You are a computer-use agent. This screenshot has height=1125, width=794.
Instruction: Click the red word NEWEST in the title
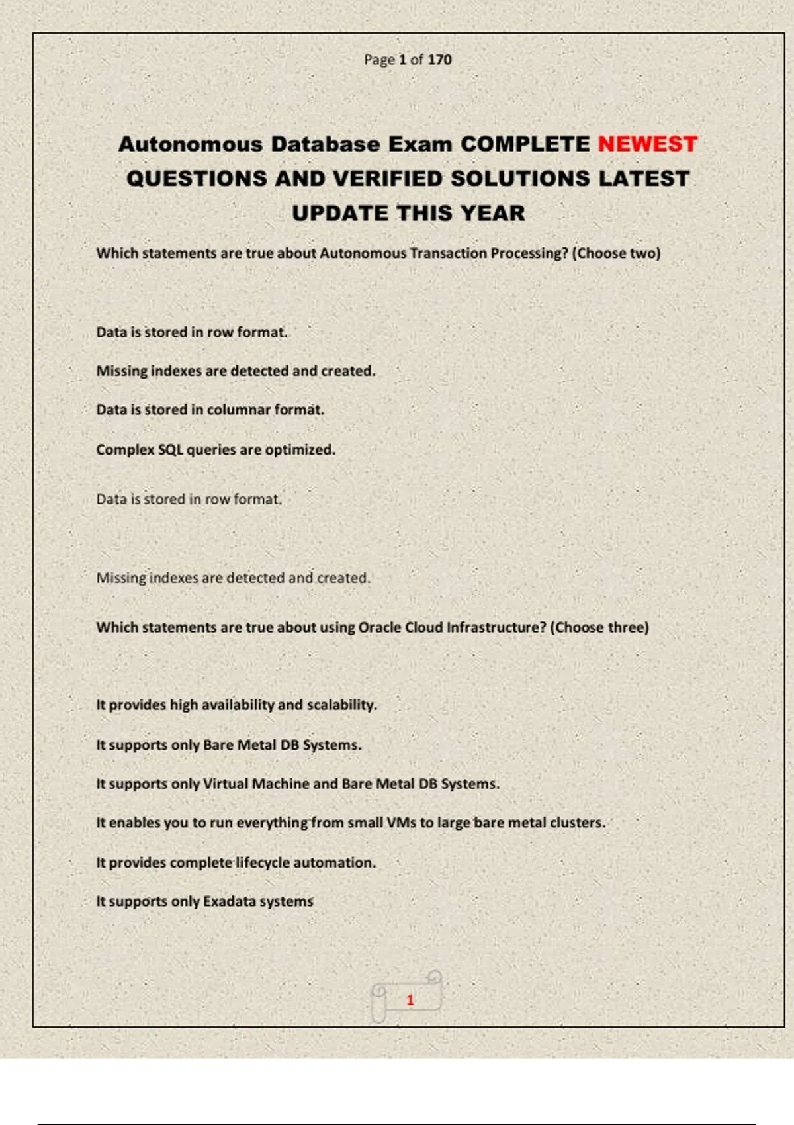(x=647, y=144)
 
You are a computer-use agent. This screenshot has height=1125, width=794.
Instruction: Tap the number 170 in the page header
(x=439, y=60)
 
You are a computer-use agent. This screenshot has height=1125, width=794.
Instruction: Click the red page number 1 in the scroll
(x=410, y=1000)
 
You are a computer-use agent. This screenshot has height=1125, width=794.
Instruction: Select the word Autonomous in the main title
(x=191, y=144)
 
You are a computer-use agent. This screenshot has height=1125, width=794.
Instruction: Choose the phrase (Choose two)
(x=616, y=253)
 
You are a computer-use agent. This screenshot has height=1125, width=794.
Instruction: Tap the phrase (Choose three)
(x=599, y=627)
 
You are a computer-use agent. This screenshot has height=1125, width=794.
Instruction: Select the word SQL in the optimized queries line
(x=170, y=449)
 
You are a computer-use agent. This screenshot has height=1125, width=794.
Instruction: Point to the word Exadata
(x=228, y=901)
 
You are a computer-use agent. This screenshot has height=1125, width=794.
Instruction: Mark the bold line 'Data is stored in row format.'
(x=192, y=332)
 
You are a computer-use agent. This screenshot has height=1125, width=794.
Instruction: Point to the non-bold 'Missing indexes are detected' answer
(x=233, y=578)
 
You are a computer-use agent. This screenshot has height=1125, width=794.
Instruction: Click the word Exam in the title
(x=419, y=144)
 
